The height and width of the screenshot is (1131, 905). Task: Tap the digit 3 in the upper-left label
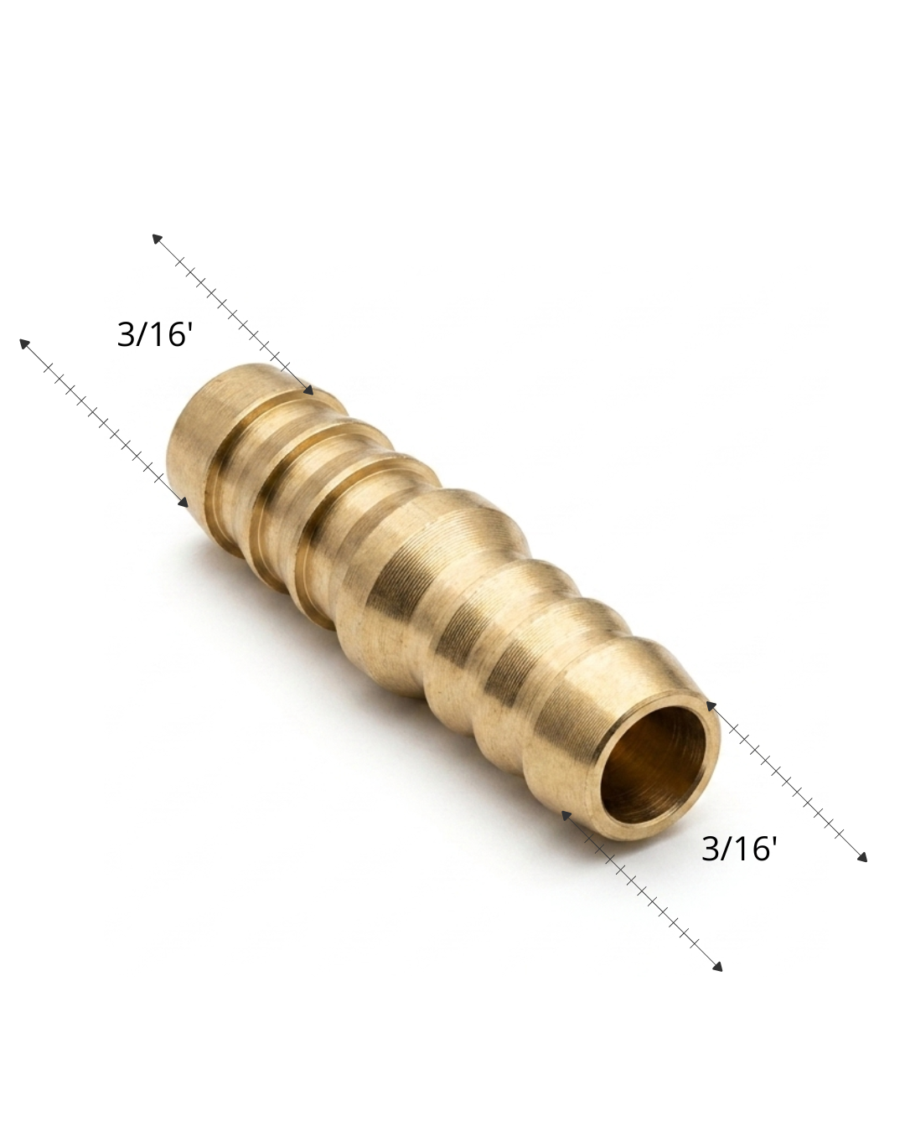coord(125,335)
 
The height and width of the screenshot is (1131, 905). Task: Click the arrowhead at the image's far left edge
coord(24,343)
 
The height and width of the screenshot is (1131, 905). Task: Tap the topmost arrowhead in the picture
coord(158,239)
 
